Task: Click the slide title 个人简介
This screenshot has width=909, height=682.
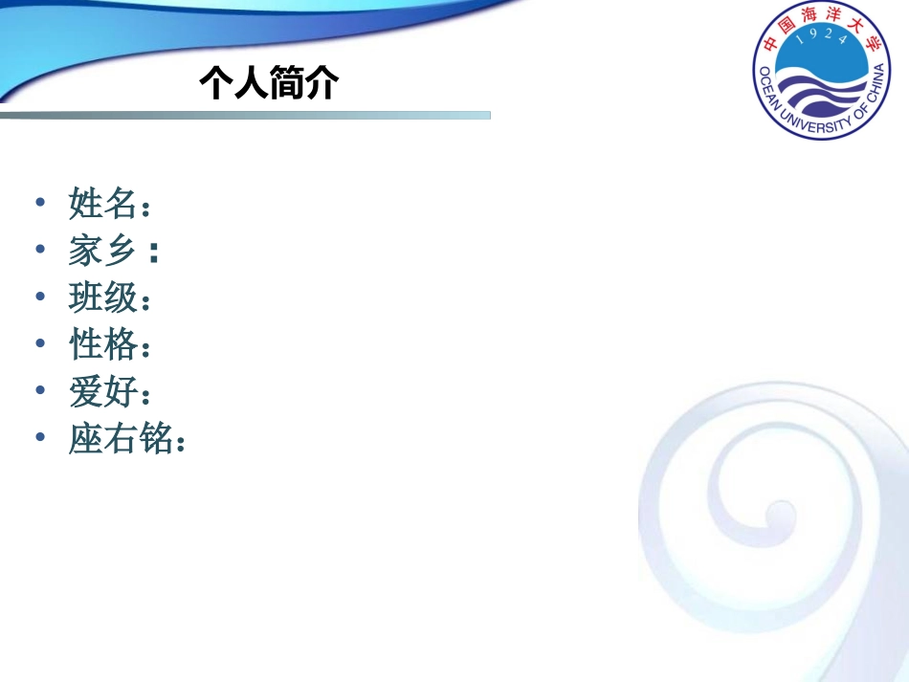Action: pos(269,84)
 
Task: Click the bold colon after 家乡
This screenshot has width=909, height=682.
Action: pos(153,253)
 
